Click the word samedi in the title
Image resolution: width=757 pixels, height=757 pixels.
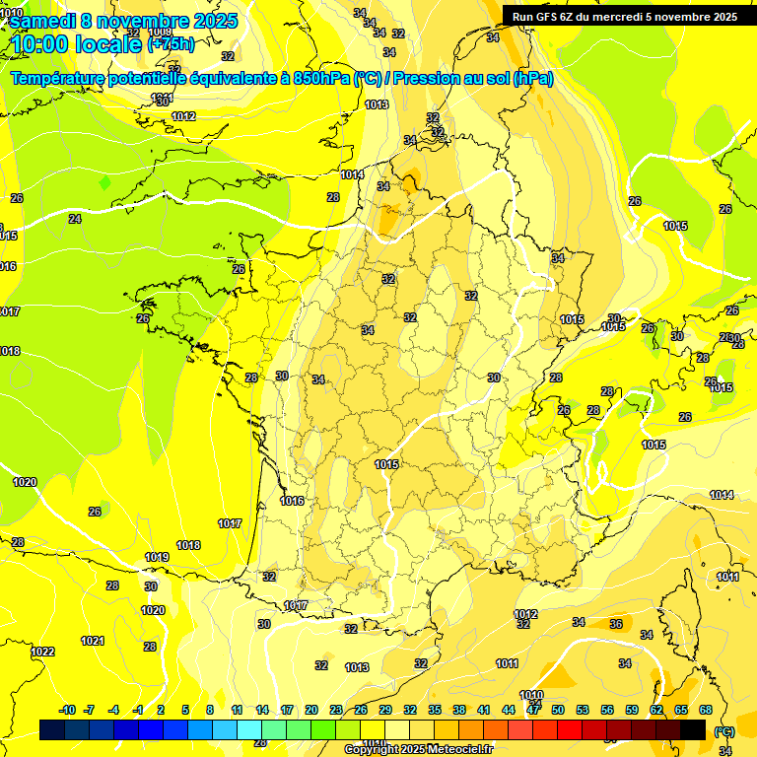(43, 20)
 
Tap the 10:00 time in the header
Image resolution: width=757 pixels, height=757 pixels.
(47, 43)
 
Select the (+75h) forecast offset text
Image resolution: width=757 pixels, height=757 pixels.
(170, 43)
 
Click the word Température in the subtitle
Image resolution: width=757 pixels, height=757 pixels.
(62, 79)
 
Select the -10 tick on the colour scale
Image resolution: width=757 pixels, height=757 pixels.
(67, 710)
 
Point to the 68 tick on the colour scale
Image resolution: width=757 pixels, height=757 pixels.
(706, 710)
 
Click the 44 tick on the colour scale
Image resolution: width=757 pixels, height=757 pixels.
(509, 710)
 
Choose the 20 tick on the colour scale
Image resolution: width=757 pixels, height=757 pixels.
(310, 710)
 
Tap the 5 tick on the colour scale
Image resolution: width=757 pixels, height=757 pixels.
(186, 710)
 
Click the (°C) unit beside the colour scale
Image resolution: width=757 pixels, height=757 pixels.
(723, 731)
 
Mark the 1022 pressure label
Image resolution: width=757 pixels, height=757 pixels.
(42, 652)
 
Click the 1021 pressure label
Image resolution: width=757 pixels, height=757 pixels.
(92, 641)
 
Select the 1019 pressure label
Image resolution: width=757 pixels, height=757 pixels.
(157, 557)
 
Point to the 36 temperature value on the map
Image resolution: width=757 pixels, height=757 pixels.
(616, 623)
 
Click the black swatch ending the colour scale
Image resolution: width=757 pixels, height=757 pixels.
(693, 729)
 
